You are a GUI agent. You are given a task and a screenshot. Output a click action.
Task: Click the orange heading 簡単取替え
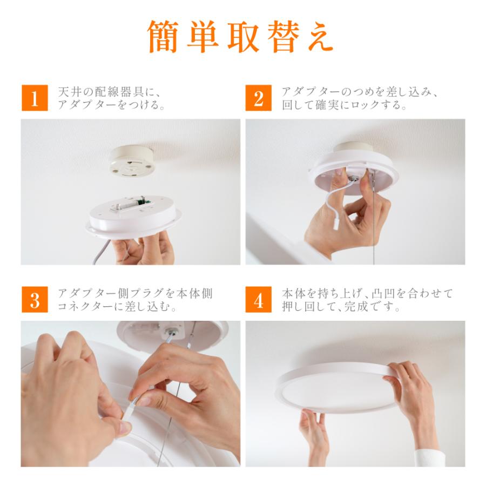(240, 37)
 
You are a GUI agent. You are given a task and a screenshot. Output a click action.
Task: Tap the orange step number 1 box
(35, 98)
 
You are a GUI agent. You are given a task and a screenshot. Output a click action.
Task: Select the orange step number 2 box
(259, 98)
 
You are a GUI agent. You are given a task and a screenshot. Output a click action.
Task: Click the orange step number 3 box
(35, 299)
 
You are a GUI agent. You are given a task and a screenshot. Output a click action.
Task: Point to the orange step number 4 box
(259, 299)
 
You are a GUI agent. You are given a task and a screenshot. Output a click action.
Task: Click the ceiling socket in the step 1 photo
(132, 160)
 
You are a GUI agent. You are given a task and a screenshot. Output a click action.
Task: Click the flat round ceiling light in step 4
(336, 387)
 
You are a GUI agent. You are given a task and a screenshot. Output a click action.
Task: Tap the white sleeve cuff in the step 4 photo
(430, 458)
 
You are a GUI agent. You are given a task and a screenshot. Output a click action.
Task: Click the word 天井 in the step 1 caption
(71, 92)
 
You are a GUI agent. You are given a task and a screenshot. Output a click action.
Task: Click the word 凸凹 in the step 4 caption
(384, 294)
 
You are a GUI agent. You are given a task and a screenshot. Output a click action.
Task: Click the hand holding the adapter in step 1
(143, 248)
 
